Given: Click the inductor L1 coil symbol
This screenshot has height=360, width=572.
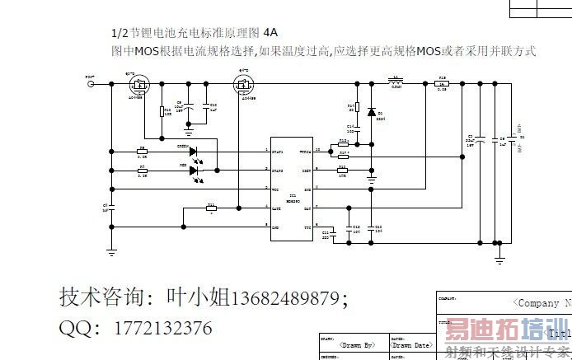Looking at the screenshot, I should (396, 82).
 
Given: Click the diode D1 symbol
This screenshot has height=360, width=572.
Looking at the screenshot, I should (372, 112).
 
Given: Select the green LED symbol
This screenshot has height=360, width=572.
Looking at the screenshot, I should (195, 152).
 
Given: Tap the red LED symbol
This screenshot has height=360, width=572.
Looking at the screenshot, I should (195, 171).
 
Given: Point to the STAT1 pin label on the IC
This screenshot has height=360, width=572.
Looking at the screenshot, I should (279, 152).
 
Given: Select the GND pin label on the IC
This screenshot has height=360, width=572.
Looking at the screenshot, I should (276, 227).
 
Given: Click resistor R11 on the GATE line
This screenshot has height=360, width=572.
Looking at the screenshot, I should (211, 208).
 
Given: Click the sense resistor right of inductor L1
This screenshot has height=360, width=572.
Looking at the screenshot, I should (443, 83).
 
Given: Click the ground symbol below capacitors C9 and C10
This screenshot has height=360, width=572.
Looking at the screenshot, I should (189, 130).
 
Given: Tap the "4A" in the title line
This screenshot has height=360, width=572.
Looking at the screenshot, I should (271, 33).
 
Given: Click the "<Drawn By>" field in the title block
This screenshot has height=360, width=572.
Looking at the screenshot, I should (351, 344).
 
